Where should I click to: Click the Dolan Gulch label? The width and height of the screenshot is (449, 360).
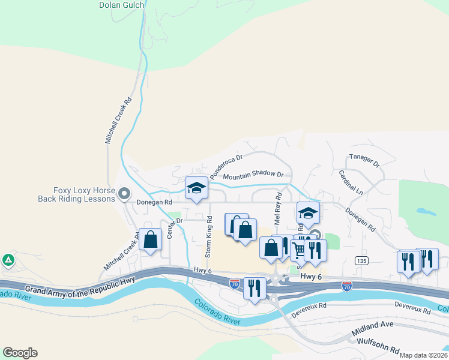(x=122, y=5)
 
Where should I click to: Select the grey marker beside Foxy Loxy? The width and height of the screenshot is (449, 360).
(x=124, y=193)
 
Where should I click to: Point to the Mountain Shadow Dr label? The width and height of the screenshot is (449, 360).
(x=252, y=175)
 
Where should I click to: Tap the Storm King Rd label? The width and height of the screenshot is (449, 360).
(x=209, y=236)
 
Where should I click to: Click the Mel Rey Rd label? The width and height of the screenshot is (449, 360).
(x=278, y=209)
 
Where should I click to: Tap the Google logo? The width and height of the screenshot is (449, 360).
(x=20, y=353)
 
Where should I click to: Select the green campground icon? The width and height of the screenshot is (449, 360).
(x=8, y=260)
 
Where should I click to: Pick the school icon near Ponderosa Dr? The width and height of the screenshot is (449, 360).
(x=196, y=188)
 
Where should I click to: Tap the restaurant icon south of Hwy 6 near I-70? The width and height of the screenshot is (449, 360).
(x=255, y=288)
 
